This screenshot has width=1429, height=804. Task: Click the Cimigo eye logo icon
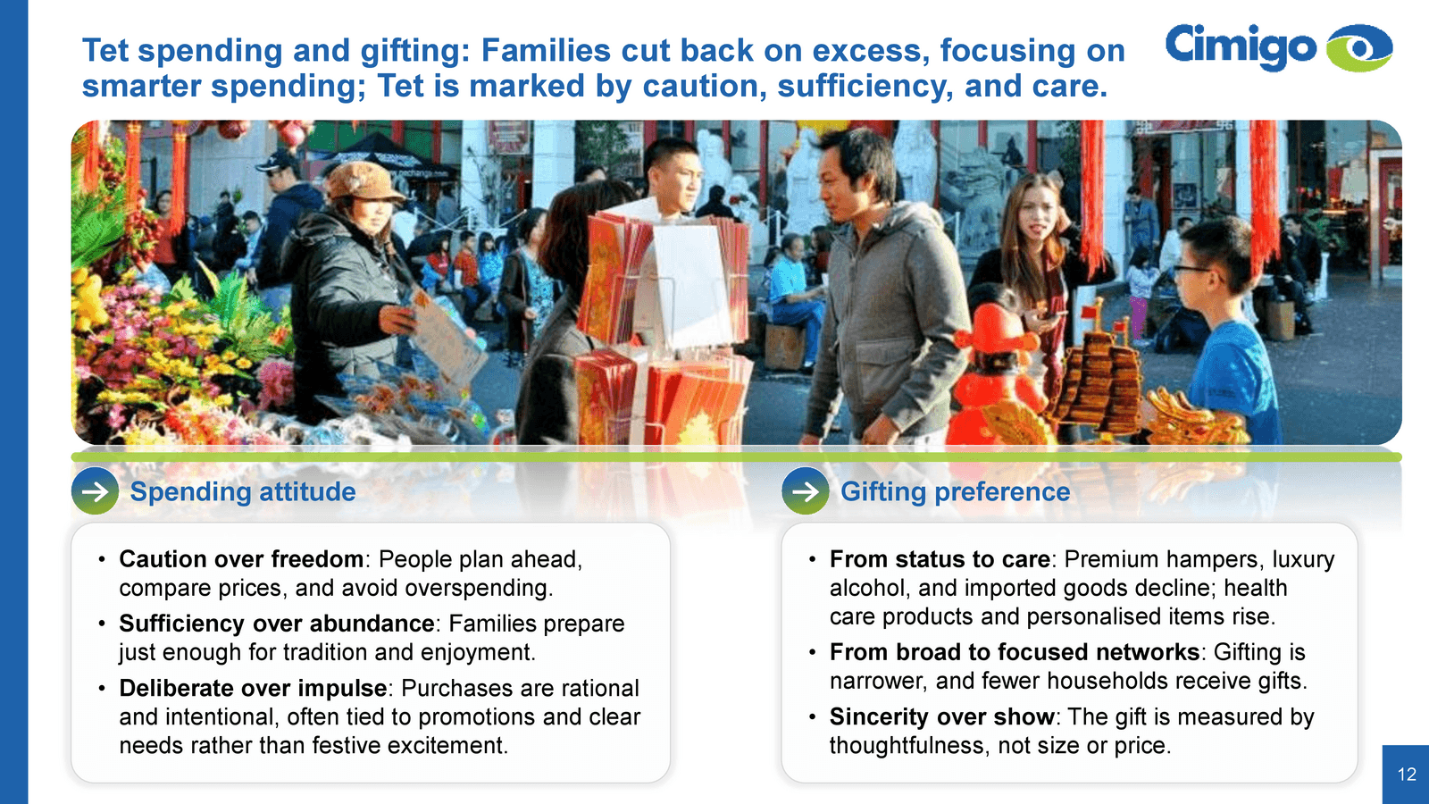click(1358, 47)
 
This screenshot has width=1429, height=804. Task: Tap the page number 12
click(1407, 774)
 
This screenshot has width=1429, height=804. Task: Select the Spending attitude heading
click(242, 491)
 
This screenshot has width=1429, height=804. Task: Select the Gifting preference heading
click(955, 491)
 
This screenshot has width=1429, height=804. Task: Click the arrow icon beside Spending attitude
click(95, 490)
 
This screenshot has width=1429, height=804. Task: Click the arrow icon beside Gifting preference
click(805, 490)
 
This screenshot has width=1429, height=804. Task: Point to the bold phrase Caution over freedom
click(241, 559)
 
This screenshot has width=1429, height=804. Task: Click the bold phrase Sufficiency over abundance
click(277, 623)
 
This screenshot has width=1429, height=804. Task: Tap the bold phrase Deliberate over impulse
click(253, 688)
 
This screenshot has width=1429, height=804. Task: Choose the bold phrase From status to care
click(940, 559)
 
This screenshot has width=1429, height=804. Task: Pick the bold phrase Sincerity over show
click(941, 716)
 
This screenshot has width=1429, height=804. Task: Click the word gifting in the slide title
click(414, 51)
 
